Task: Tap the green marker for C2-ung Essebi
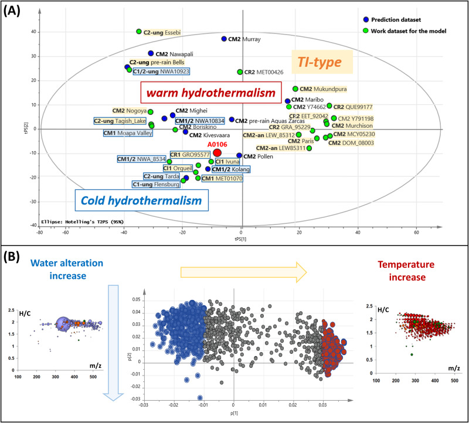click(x=139, y=31)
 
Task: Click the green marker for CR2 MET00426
click(x=240, y=72)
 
